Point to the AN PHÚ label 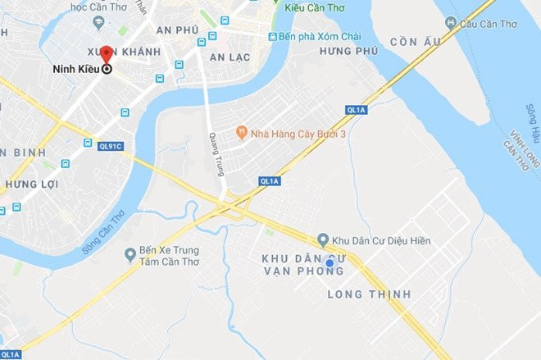tap(177, 30)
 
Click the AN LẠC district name tap(230, 57)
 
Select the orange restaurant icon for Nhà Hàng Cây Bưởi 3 tap(241, 131)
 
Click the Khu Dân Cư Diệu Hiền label tap(380, 241)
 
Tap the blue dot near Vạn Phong tap(330, 263)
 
